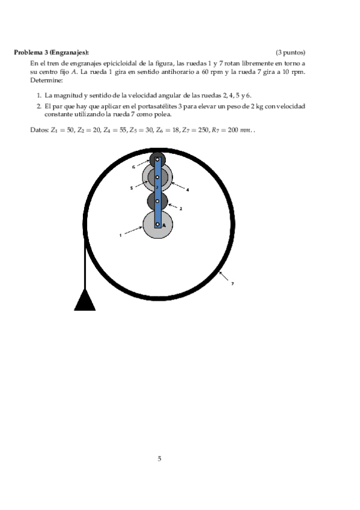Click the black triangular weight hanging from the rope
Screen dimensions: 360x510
coord(85,300)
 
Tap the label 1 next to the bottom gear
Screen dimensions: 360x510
coord(120,235)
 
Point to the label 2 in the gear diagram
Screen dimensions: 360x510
coord(181,209)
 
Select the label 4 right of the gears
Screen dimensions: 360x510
coord(188,190)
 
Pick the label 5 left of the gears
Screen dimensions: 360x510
coord(132,188)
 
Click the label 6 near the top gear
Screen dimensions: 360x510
coord(133,167)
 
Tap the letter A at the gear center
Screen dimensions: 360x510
coord(163,225)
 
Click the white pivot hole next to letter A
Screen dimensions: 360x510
coord(157,224)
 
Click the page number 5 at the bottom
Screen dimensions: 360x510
coord(159,459)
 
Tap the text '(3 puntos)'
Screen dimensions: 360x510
coord(290,52)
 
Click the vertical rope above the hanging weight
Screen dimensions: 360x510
coord(85,265)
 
